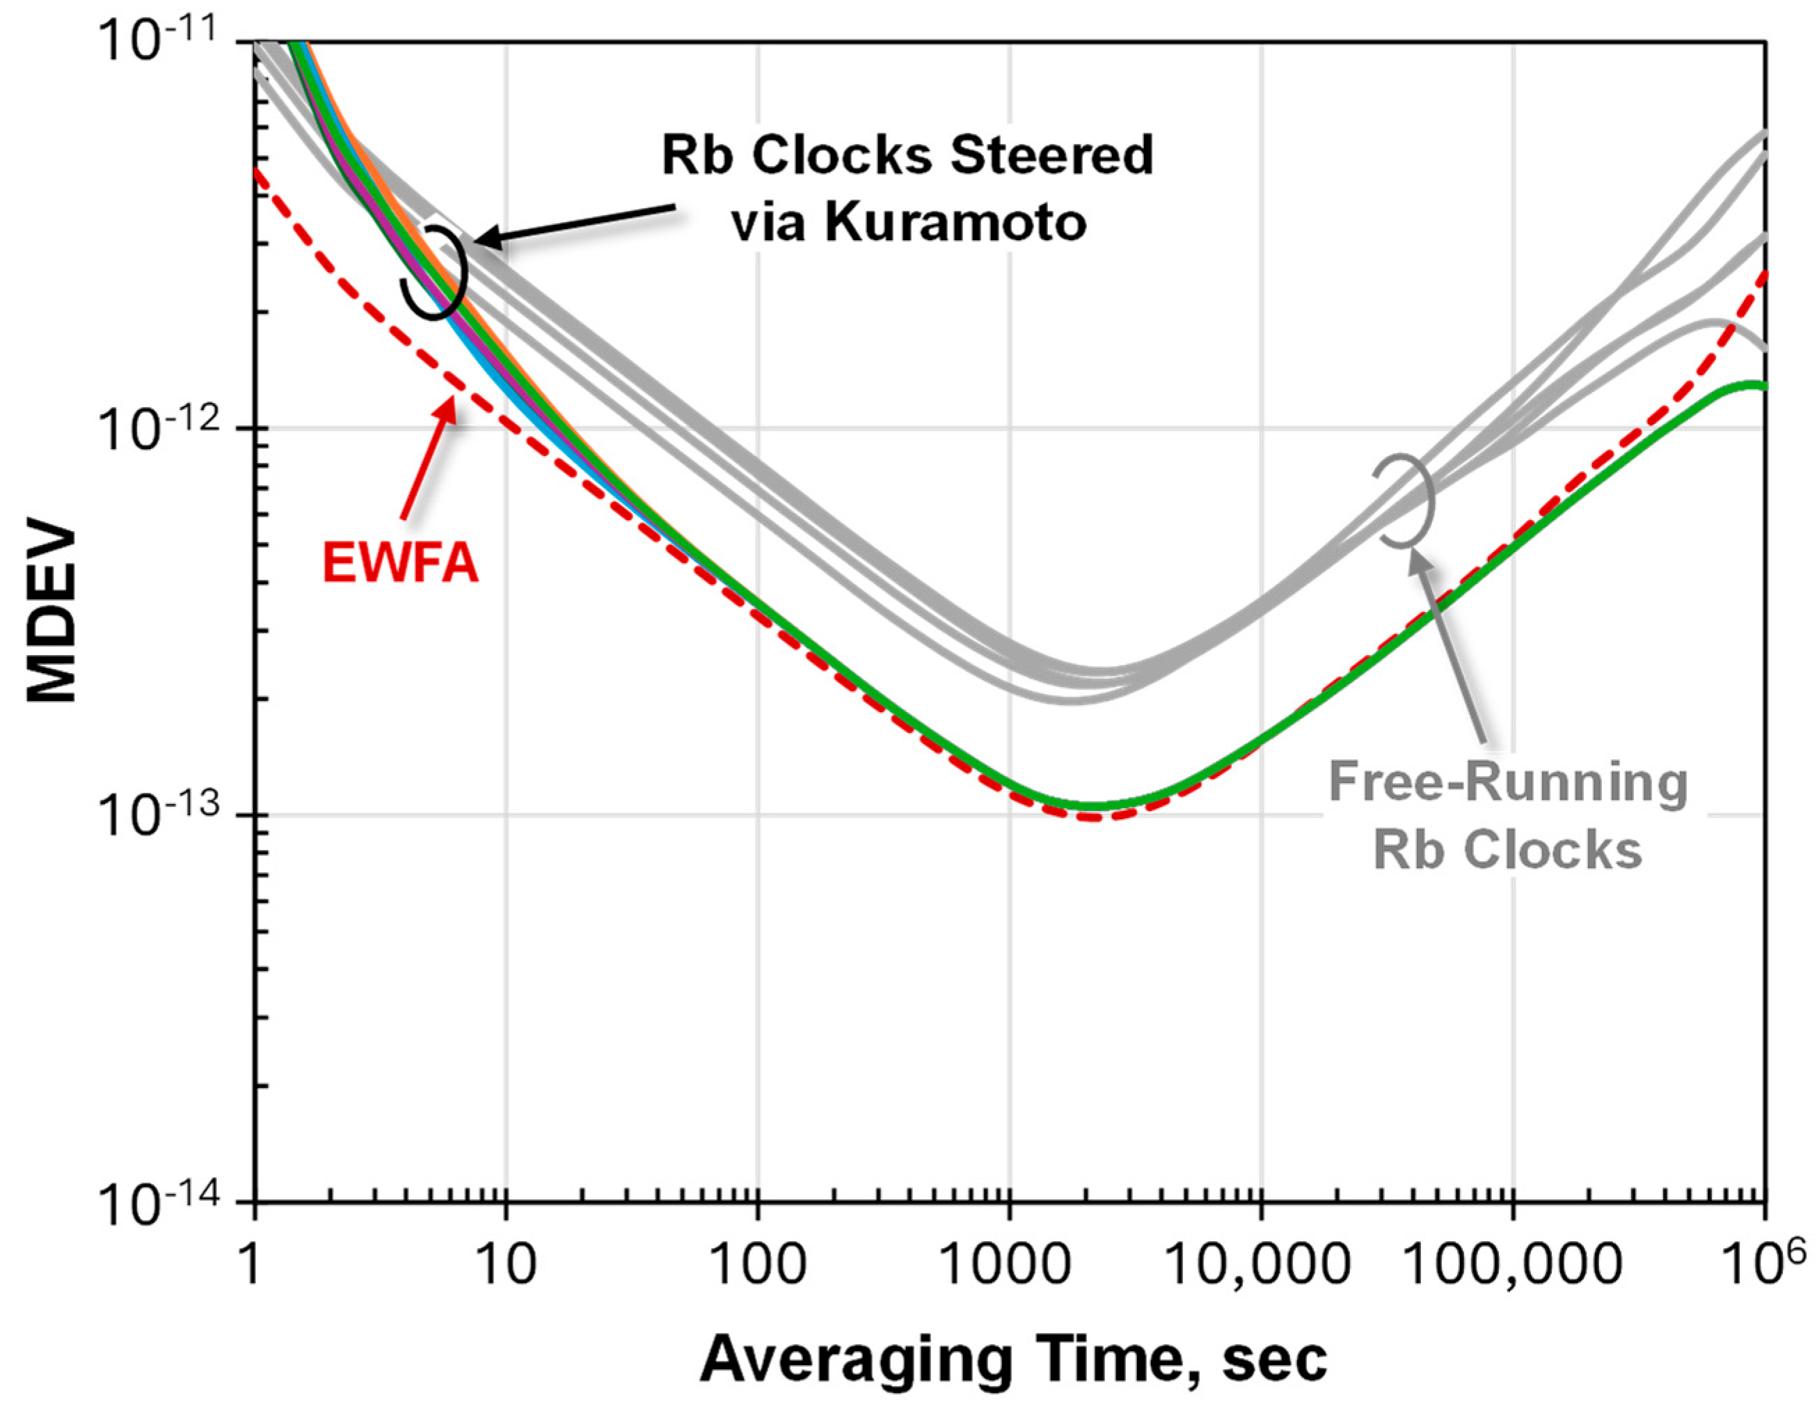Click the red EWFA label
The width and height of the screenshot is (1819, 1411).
point(401,563)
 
